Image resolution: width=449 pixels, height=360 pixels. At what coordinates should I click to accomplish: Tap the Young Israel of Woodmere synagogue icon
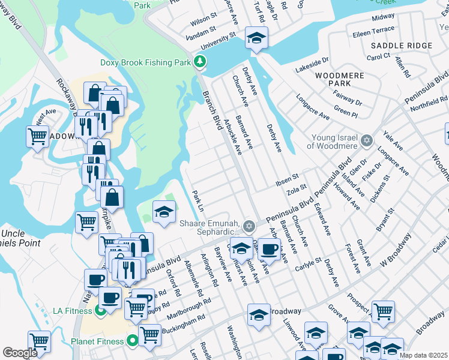[x=367, y=140]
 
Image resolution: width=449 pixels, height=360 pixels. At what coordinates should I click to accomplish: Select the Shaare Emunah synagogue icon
[x=249, y=226]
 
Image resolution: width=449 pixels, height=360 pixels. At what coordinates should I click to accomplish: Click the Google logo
[x=20, y=353]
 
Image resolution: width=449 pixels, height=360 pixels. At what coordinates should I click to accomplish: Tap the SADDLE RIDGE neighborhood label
[x=401, y=46]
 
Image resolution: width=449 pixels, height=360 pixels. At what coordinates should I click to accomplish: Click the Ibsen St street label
[x=287, y=178]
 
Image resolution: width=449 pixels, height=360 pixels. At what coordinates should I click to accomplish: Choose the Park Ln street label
[x=198, y=200]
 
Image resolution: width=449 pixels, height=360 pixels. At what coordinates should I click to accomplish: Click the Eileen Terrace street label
[x=374, y=29]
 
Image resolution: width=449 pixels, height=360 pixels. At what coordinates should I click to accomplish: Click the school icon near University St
[x=256, y=40]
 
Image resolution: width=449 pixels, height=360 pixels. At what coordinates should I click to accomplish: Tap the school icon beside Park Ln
[x=164, y=212]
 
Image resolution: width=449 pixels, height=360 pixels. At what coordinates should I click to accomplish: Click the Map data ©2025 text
[x=423, y=355]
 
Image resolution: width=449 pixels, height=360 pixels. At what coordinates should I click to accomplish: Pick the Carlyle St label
[x=309, y=265]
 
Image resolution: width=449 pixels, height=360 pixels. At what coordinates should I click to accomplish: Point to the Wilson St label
[x=203, y=22]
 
